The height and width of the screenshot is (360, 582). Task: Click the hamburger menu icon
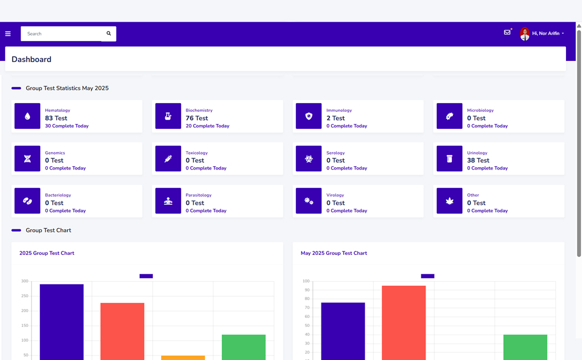click(x=8, y=34)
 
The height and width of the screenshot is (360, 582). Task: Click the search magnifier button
click(x=109, y=34)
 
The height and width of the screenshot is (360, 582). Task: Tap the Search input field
click(x=61, y=34)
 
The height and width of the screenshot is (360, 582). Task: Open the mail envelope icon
click(x=507, y=33)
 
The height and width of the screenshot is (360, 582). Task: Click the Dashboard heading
click(x=32, y=59)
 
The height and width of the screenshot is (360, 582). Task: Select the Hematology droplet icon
click(x=27, y=116)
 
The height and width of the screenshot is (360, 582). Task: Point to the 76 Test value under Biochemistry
click(x=197, y=118)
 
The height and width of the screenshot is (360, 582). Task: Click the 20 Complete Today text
click(x=207, y=126)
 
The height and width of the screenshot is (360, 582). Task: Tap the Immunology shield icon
click(x=309, y=116)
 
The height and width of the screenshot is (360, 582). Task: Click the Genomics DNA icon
click(x=27, y=159)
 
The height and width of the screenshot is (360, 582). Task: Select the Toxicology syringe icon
click(x=168, y=159)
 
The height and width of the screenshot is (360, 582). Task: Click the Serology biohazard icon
click(x=309, y=159)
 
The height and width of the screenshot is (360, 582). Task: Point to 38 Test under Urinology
click(x=478, y=161)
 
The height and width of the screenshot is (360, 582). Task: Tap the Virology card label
click(x=335, y=195)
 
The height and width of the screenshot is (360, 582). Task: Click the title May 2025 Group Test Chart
click(x=334, y=253)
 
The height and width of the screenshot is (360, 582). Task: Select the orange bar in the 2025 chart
click(x=183, y=357)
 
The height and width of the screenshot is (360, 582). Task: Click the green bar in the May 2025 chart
click(x=525, y=347)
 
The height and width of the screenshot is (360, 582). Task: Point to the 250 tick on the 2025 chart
click(x=24, y=296)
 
